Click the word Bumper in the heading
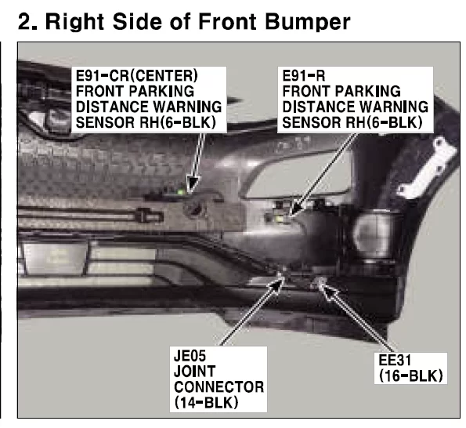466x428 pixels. point(308,22)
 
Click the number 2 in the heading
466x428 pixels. point(24,22)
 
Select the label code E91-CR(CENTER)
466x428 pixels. point(137,75)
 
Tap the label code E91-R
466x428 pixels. point(303,75)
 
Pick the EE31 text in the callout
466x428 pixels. point(395,361)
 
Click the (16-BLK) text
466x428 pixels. point(411,376)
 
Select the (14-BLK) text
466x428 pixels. point(206,403)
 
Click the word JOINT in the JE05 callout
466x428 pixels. point(195,372)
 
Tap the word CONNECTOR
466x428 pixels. point(219,387)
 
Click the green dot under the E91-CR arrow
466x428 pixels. point(180,192)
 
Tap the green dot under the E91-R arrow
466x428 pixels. point(280,219)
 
